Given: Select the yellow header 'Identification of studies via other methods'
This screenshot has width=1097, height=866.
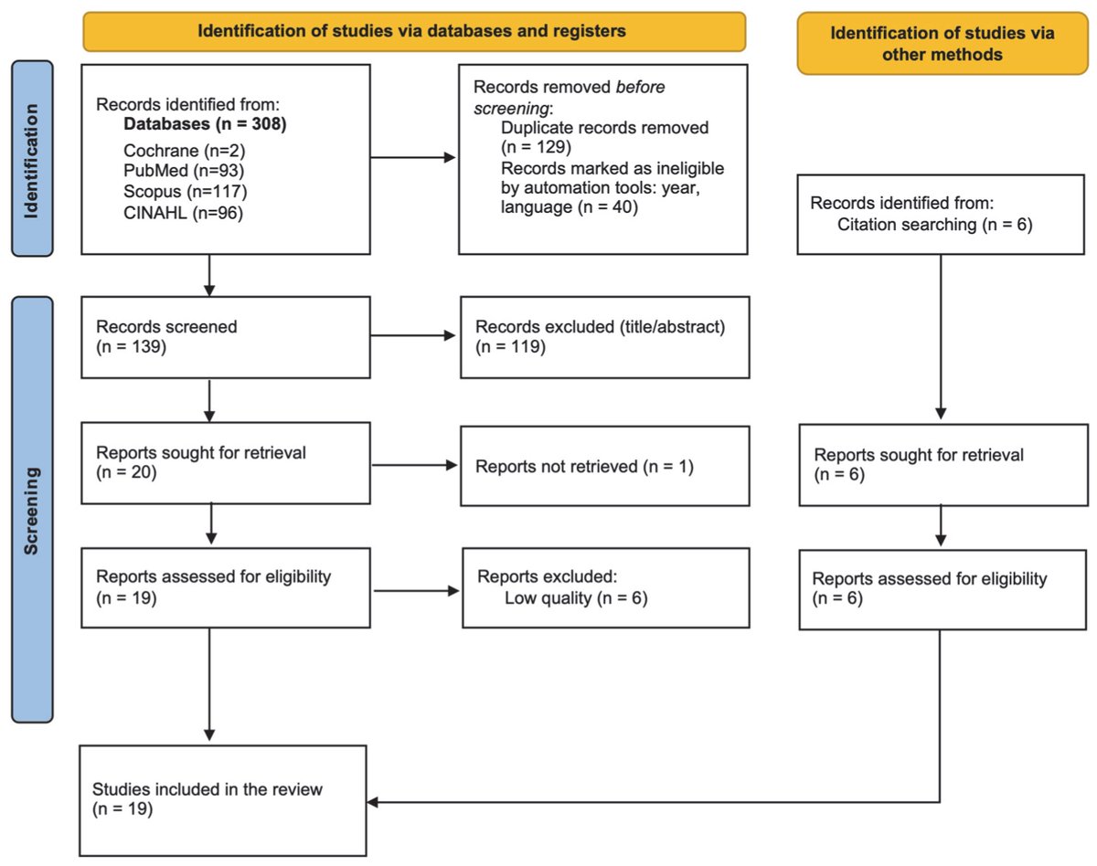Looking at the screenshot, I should (x=942, y=43).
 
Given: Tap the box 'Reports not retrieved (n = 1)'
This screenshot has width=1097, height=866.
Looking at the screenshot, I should (x=592, y=467).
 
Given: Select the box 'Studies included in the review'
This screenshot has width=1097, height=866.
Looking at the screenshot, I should (x=223, y=800).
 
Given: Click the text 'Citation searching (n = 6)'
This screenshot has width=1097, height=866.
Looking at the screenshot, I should (x=934, y=225).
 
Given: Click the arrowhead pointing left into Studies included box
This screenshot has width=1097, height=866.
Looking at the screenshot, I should (x=375, y=802).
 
